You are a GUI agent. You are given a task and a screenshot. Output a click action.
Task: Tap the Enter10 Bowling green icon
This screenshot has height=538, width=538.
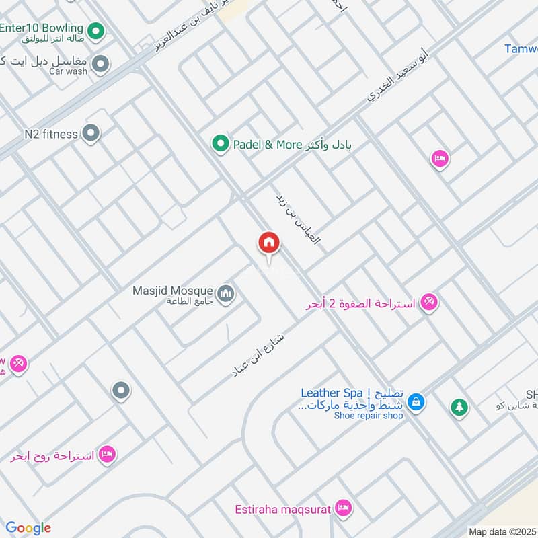tap(97, 30)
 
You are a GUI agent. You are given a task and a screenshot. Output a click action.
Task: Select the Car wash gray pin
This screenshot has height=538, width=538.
tap(101, 65)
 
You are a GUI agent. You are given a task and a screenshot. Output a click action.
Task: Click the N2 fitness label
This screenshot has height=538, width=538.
tap(51, 134)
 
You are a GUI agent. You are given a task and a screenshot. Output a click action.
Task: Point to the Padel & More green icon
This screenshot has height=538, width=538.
tap(219, 143)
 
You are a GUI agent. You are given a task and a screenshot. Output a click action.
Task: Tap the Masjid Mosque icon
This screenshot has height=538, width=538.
tap(227, 294)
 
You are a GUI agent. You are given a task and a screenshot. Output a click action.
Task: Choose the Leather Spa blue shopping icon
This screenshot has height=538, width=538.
tap(416, 402)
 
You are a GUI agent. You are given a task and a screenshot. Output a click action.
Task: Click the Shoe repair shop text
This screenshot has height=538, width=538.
tap(369, 416)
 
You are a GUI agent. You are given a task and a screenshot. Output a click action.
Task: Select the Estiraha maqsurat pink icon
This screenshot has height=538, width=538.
tap(343, 508)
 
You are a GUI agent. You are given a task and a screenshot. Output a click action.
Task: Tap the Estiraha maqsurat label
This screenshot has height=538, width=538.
tap(282, 509)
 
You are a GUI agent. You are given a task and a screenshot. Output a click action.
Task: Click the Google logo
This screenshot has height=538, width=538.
tap(28, 528)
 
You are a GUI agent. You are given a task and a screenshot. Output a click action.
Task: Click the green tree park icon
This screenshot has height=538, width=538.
tap(459, 407)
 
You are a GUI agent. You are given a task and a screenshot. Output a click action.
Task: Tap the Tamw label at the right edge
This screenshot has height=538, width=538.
tap(521, 48)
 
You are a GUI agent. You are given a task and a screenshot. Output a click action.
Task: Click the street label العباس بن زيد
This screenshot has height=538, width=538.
tap(297, 219)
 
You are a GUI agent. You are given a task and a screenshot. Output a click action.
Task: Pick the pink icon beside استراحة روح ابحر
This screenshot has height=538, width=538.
tap(107, 455)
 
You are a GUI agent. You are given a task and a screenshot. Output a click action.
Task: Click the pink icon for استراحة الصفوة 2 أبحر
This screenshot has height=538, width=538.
tap(428, 302)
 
